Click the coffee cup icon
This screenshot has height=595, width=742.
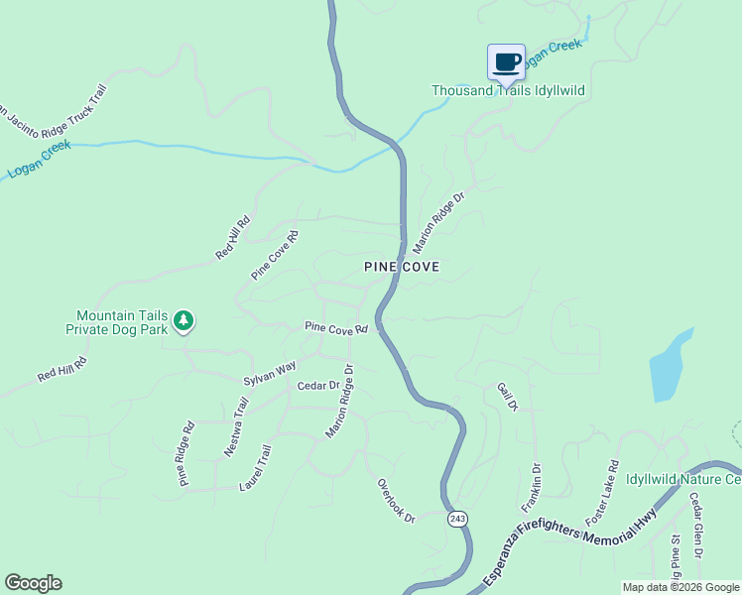pos(506,61)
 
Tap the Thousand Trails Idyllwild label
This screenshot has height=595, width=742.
pos(508,90)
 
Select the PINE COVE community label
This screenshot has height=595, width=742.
pos(401,267)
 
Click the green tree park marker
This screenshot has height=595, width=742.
pos(183,319)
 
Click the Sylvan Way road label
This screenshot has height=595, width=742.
pos(270,374)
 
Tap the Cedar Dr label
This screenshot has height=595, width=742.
pos(318,385)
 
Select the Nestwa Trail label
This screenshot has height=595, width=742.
pos(235,426)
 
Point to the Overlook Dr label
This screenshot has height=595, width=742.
pos(396,501)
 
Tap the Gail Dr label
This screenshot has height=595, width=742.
pos(507,398)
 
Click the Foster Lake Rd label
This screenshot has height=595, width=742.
pos(602,493)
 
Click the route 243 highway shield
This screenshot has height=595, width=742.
pos(456,519)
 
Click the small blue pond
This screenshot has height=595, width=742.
pos(670,366)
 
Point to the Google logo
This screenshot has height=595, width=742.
pos(33,583)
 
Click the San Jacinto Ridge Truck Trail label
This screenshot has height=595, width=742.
pos(54,123)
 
